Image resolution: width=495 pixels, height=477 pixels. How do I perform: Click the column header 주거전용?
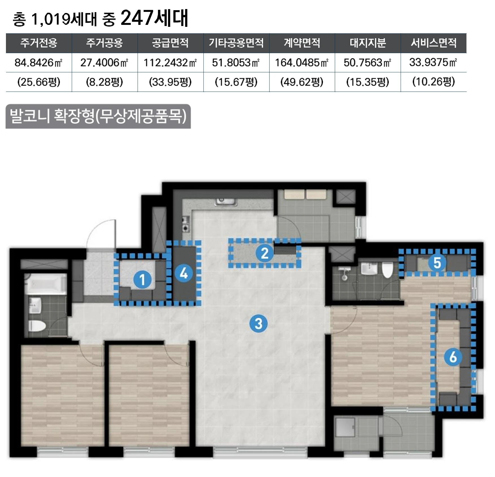[39, 43]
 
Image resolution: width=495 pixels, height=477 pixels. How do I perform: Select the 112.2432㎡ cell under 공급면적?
[170, 62]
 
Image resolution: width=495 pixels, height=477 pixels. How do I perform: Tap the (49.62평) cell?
[302, 82]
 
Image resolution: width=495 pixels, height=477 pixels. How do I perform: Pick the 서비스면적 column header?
[433, 43]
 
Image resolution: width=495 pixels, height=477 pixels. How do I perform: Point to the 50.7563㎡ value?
[368, 62]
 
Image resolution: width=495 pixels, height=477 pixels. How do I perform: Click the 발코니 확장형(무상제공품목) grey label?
[98, 116]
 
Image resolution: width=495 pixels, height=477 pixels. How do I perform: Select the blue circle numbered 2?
[264, 253]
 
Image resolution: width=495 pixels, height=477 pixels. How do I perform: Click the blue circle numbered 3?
[258, 323]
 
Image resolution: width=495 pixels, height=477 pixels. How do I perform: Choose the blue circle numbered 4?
[184, 273]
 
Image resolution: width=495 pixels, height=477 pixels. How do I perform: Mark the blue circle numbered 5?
[437, 263]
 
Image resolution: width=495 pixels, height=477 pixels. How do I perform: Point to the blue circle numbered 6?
[453, 357]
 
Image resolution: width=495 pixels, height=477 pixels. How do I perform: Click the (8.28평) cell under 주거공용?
[105, 82]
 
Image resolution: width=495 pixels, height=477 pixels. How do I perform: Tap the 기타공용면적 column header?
[236, 43]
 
